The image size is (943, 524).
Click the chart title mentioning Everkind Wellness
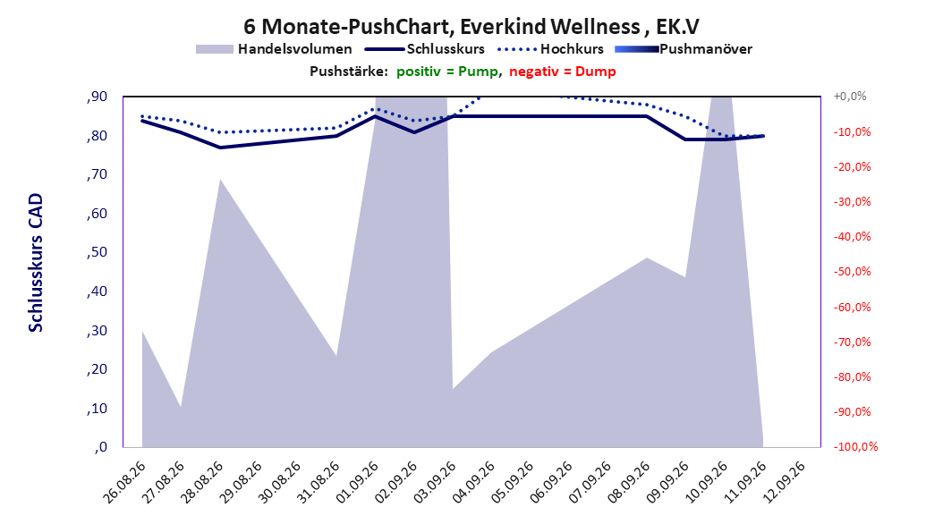tap(471, 27)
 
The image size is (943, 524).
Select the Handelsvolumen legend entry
tap(274, 49)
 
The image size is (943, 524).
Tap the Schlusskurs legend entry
tap(425, 49)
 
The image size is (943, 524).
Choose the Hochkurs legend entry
tap(551, 49)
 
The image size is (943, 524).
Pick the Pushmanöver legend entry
tap(684, 49)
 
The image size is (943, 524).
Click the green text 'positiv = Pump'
tap(446, 72)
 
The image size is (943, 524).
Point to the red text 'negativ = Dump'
tap(563, 72)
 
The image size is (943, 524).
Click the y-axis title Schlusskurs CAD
tap(36, 263)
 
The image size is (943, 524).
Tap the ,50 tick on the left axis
tap(97, 252)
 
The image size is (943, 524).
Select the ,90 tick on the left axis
tap(97, 97)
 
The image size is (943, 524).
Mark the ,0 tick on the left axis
tap(100, 447)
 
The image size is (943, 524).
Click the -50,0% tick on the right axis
tap(852, 272)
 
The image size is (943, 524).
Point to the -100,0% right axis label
tap(855, 447)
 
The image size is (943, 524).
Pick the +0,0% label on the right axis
tap(850, 97)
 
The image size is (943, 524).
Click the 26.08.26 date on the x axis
tap(124, 482)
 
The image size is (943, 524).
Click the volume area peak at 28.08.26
tap(219, 179)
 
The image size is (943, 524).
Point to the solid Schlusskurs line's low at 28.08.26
tap(219, 148)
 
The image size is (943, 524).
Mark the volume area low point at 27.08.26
tap(181, 408)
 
